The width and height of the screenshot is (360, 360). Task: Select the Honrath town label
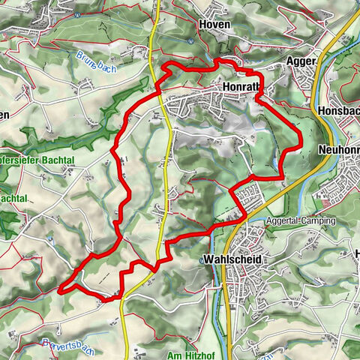[x=241, y=87]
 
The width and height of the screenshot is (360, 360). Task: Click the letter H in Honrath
[x=226, y=87]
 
